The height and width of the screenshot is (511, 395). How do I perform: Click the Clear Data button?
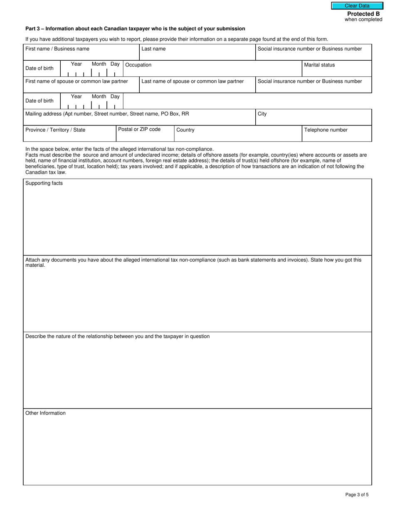pos(357,6)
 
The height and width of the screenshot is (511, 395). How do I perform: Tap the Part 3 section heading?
pos(135,29)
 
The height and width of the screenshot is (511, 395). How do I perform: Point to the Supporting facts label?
pos(44,183)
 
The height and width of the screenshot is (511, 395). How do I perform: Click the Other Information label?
pos(45,413)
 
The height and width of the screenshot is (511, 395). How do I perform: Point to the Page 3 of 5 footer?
pos(357,494)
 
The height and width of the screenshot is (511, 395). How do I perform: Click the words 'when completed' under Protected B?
pos(363,20)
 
